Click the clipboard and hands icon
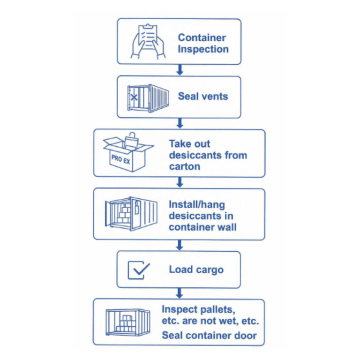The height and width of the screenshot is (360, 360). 148,42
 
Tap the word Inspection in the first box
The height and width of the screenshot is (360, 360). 203,49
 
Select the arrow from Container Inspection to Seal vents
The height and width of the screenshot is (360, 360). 180,70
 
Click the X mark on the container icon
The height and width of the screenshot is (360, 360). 134,97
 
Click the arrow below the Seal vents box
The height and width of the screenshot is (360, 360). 180,123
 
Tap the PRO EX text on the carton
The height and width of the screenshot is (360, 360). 121,159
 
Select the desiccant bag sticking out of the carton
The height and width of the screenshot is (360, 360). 131,141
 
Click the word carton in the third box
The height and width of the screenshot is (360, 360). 185,166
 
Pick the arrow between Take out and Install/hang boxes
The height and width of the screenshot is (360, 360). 180,182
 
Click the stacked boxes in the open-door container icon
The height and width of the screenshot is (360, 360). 124,214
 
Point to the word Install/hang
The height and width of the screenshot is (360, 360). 197,205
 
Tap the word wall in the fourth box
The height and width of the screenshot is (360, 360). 227,227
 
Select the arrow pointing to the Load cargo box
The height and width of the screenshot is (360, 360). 180,245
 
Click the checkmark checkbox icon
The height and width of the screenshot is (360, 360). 139,270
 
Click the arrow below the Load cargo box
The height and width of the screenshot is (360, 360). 180,293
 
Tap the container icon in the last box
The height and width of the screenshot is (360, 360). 128,322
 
